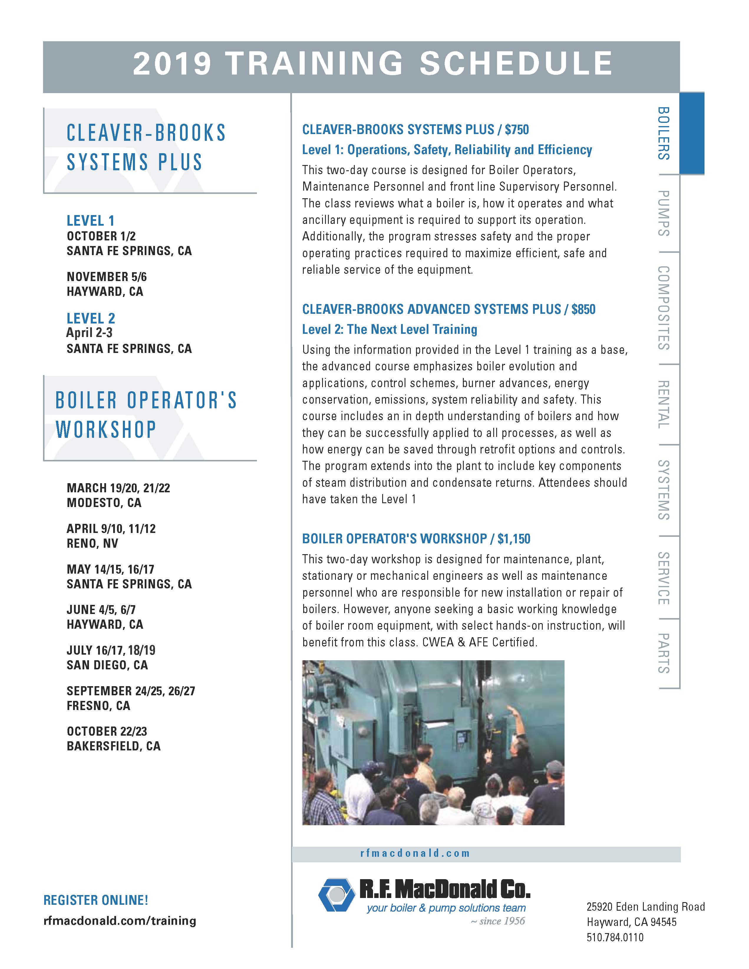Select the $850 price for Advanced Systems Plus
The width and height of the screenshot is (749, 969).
(583, 309)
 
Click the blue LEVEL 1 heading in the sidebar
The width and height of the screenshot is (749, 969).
(90, 220)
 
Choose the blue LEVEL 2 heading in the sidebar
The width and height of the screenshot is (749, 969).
(90, 318)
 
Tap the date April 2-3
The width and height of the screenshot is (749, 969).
(89, 333)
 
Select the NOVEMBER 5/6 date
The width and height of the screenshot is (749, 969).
(106, 277)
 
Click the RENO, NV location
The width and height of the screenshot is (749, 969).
(92, 544)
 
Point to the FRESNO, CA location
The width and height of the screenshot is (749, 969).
(98, 705)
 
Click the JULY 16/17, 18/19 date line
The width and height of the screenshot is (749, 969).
(111, 651)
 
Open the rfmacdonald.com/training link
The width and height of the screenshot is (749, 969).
(120, 921)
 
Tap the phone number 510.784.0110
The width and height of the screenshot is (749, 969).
(615, 937)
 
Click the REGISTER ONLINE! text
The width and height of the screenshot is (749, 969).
(96, 900)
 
